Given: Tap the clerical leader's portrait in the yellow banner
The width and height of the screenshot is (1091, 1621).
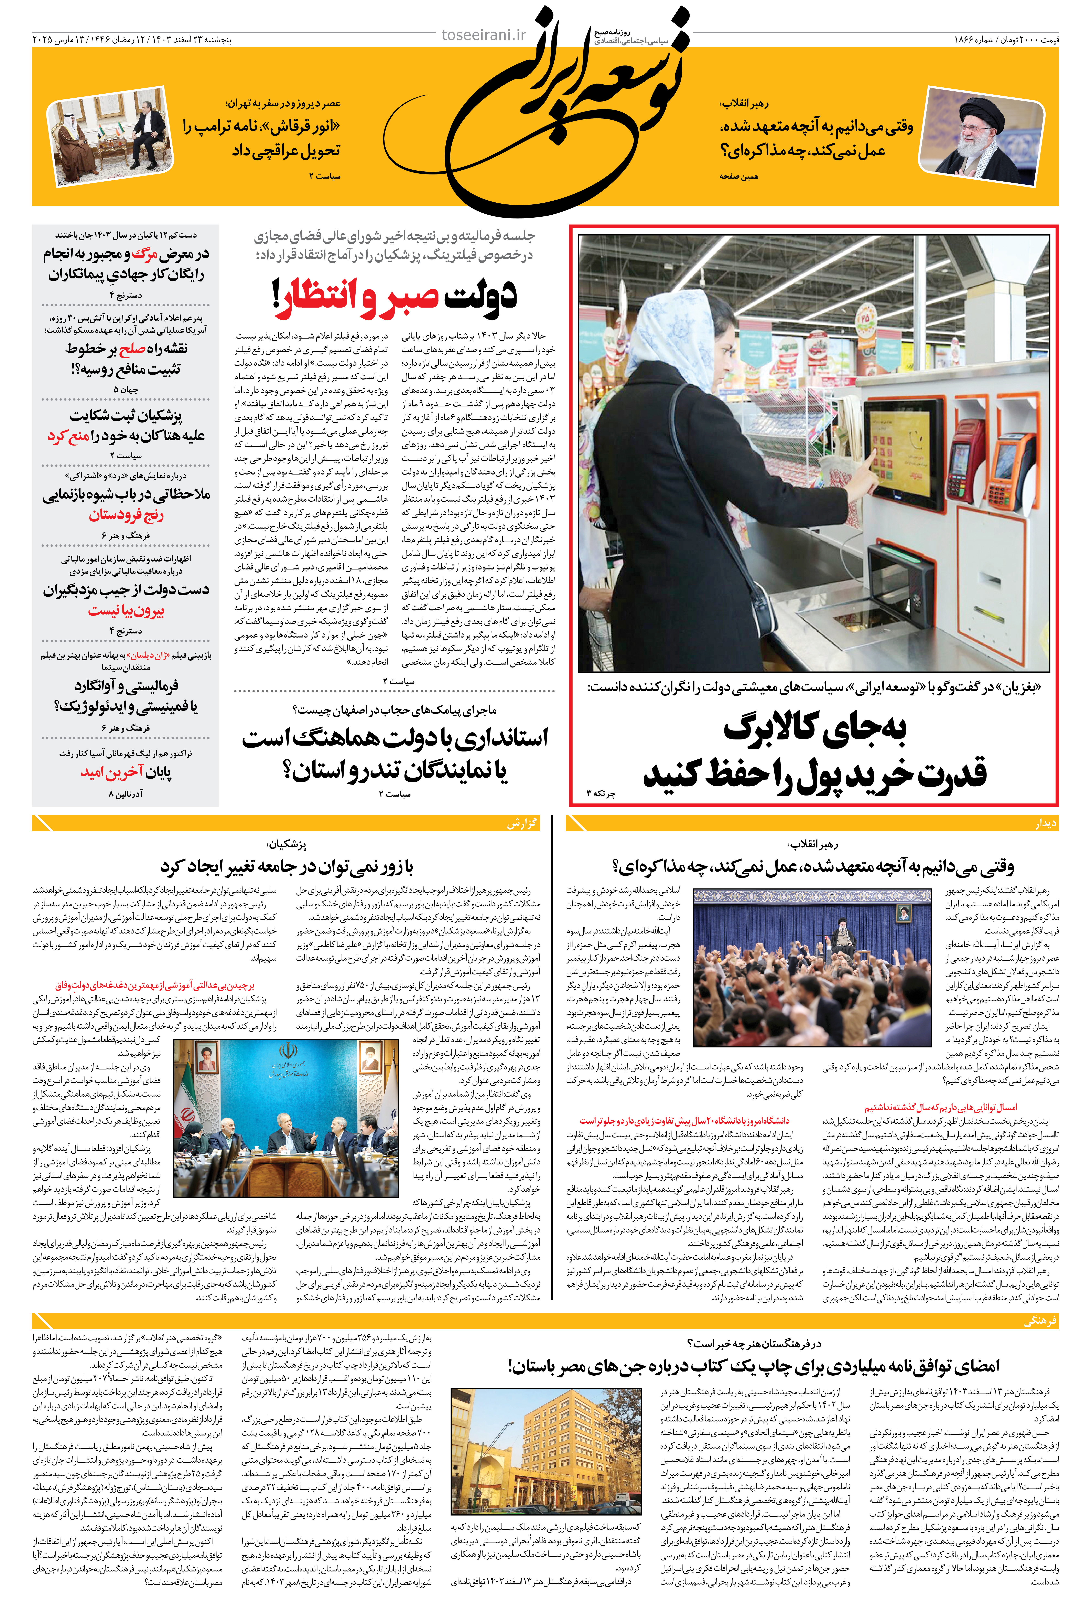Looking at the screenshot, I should pos(982,136).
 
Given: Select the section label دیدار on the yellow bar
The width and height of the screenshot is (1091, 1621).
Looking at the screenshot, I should pos(1045,823).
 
